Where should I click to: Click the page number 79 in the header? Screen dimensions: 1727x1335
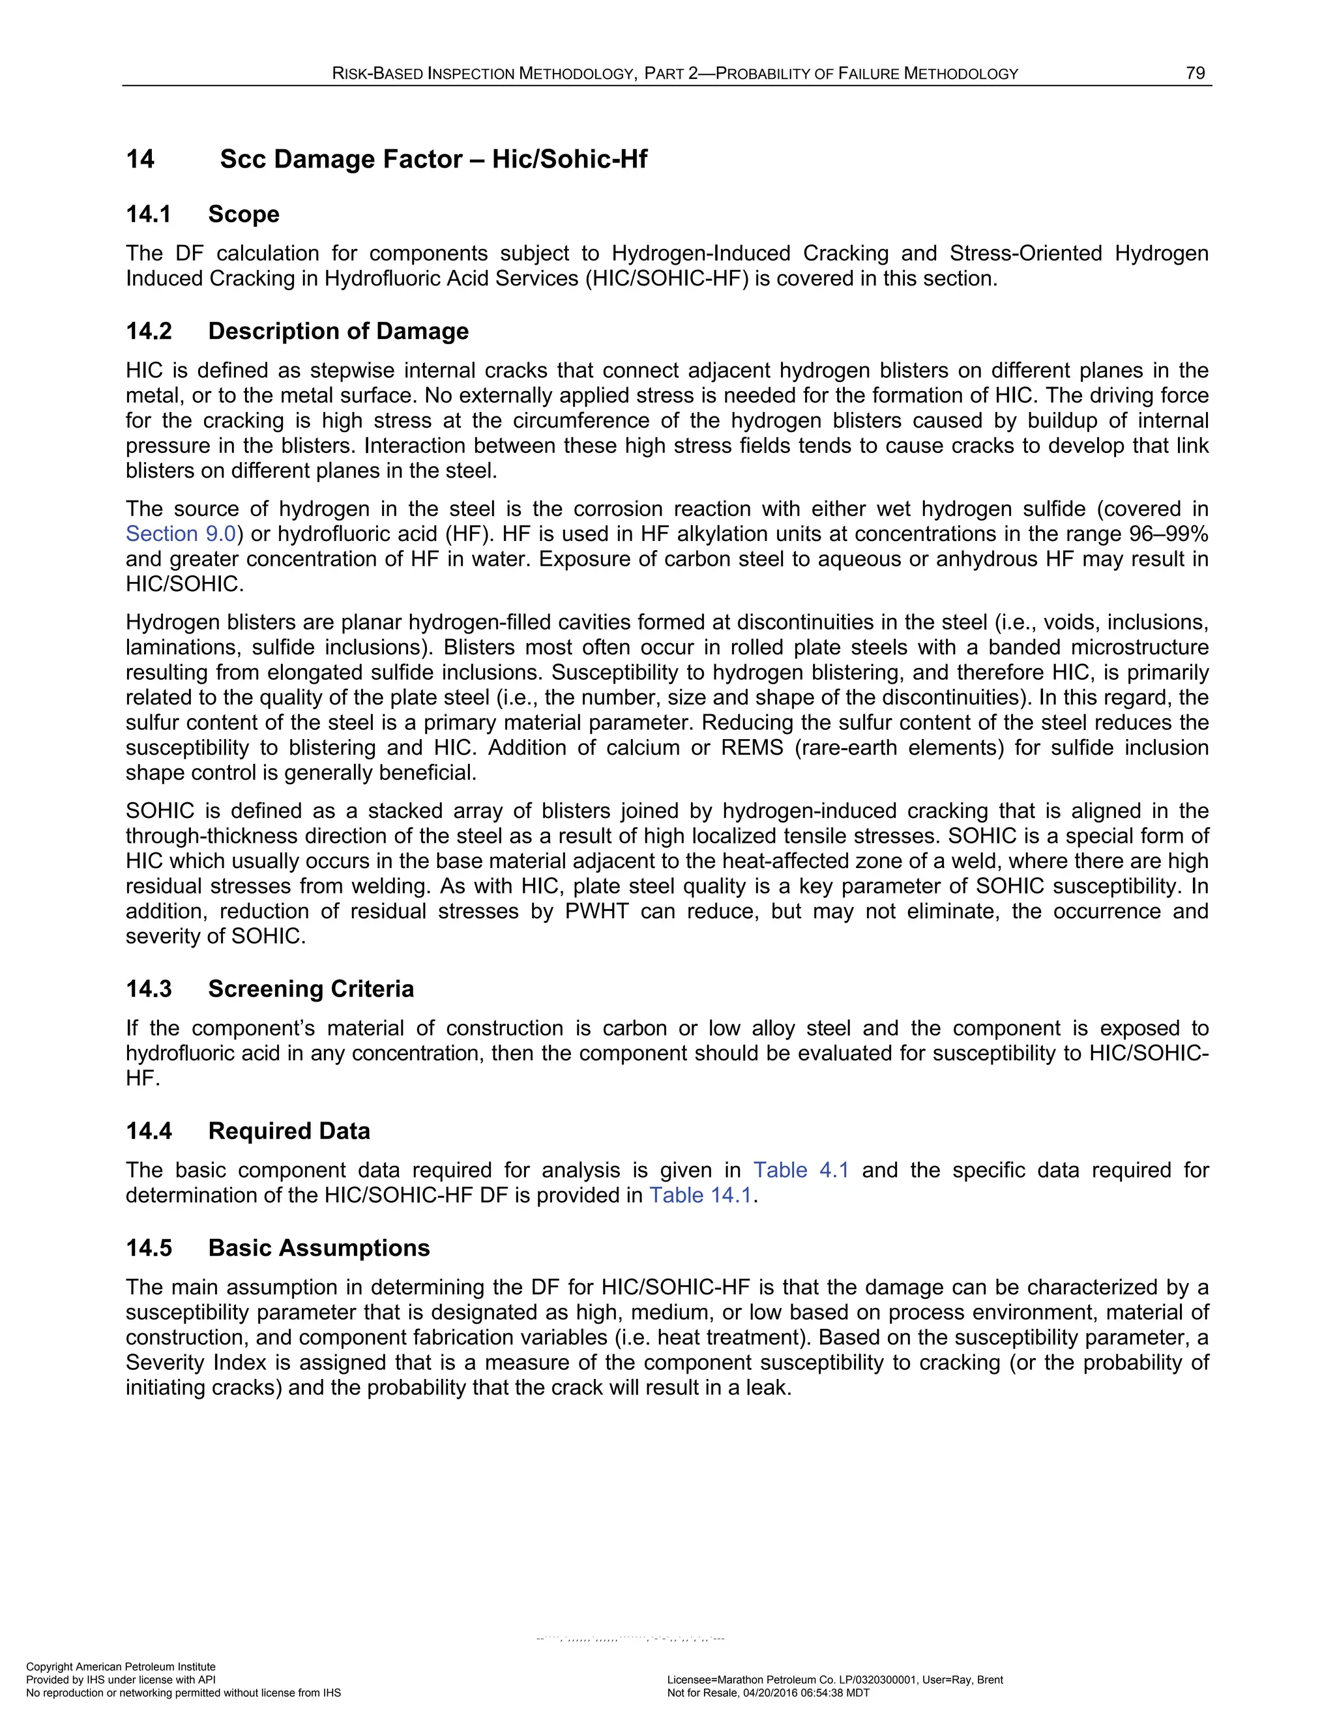point(1195,74)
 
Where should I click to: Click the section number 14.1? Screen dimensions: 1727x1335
point(148,214)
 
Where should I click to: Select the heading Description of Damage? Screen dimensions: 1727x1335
point(338,330)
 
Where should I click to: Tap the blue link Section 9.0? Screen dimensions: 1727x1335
point(181,534)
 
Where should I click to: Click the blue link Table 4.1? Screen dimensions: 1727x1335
point(800,1170)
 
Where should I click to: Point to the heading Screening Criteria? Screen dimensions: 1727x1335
point(311,989)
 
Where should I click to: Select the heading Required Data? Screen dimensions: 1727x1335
point(289,1131)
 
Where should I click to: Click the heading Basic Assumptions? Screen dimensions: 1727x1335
point(319,1248)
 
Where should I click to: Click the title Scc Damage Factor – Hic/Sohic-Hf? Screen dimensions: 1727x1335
point(433,159)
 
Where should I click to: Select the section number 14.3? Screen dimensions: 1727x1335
point(149,989)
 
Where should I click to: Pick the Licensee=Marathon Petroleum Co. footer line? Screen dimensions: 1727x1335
point(834,1679)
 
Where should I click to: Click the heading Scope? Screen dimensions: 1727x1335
point(244,214)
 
